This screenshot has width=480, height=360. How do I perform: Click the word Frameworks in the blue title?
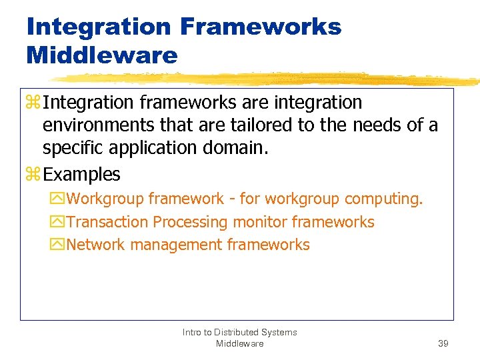coord(260,27)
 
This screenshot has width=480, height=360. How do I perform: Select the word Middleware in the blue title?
coord(102,55)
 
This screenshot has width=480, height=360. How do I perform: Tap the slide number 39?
coord(443,343)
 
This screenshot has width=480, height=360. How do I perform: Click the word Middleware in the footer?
coord(239,343)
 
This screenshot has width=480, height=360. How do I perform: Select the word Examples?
coord(81,175)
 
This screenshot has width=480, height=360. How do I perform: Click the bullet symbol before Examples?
coord(33,175)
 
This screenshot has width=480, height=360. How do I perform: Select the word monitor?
coord(259,222)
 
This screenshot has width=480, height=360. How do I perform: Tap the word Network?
coord(96,245)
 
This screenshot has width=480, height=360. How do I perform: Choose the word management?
coord(176,245)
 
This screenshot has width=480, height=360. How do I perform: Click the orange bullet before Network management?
coord(56,245)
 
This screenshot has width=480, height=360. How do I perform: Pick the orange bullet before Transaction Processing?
coord(56,222)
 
